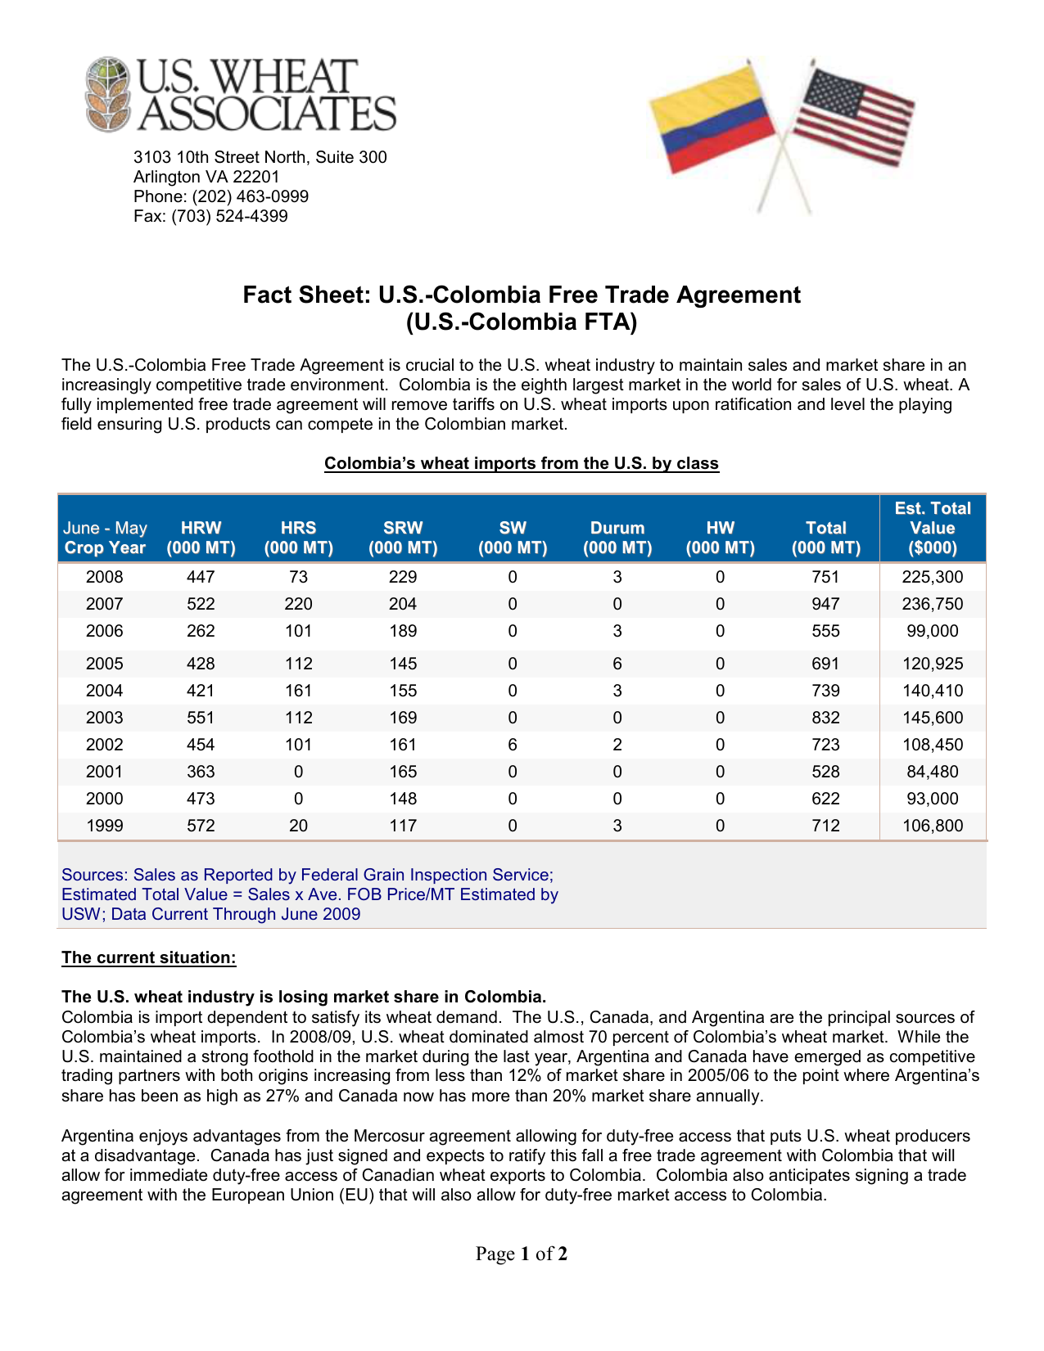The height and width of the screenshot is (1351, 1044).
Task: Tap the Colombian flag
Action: coord(710,119)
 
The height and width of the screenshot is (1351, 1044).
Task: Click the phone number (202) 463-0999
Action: coord(250,196)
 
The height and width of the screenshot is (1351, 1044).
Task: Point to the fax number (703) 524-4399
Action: coord(229,216)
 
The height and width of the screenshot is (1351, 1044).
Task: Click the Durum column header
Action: coord(617,538)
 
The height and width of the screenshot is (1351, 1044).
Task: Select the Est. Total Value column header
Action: coord(933,528)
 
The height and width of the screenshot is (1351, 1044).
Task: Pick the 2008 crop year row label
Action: coord(105,577)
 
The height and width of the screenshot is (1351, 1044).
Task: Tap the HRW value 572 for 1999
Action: coord(201,826)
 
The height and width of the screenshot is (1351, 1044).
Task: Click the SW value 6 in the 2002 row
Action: coord(513,745)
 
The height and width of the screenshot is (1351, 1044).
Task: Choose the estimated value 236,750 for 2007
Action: coord(933,604)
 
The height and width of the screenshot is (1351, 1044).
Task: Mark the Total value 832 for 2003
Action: coord(826,718)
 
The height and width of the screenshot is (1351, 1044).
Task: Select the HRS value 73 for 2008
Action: coord(299,577)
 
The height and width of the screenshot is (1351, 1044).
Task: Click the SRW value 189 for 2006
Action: coord(403,631)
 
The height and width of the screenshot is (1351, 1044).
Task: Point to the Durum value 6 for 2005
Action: coord(617,664)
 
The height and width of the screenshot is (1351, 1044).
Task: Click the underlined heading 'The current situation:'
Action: coord(149,957)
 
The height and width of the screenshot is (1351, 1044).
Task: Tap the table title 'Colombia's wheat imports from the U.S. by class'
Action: coord(522,463)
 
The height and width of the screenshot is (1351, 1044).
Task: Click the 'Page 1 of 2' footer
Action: coord(522,1254)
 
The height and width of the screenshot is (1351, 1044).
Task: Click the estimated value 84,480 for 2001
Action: coord(933,772)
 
